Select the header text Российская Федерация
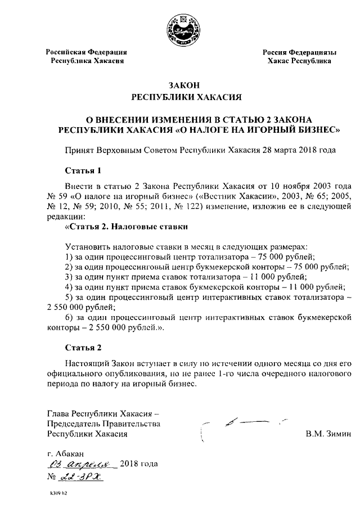click(x=86, y=52)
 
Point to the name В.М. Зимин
click(x=328, y=434)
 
